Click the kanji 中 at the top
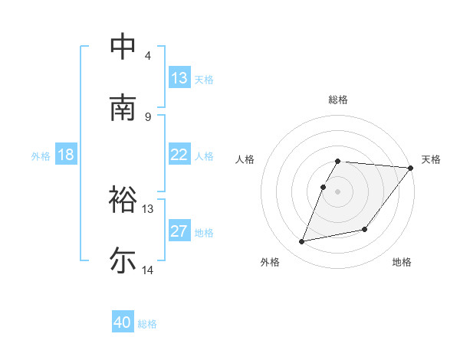pos(123,47)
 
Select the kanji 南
pos(123,108)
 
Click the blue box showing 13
pos(179,77)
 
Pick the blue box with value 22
pos(179,154)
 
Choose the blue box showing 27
pos(179,231)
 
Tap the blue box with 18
pos(66,155)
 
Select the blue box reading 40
pos(123,322)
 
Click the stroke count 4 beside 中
pos(148,56)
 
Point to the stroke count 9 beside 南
pos(148,116)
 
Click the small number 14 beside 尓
pos(148,270)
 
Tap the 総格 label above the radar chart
pos(338,100)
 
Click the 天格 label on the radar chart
pos(431,159)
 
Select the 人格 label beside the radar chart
pos(246,159)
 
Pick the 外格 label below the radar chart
pos(270,262)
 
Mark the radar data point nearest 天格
pos(411,168)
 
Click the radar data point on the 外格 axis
pos(302,241)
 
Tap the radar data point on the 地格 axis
pos(365,229)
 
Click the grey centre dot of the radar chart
pos(338,191)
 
